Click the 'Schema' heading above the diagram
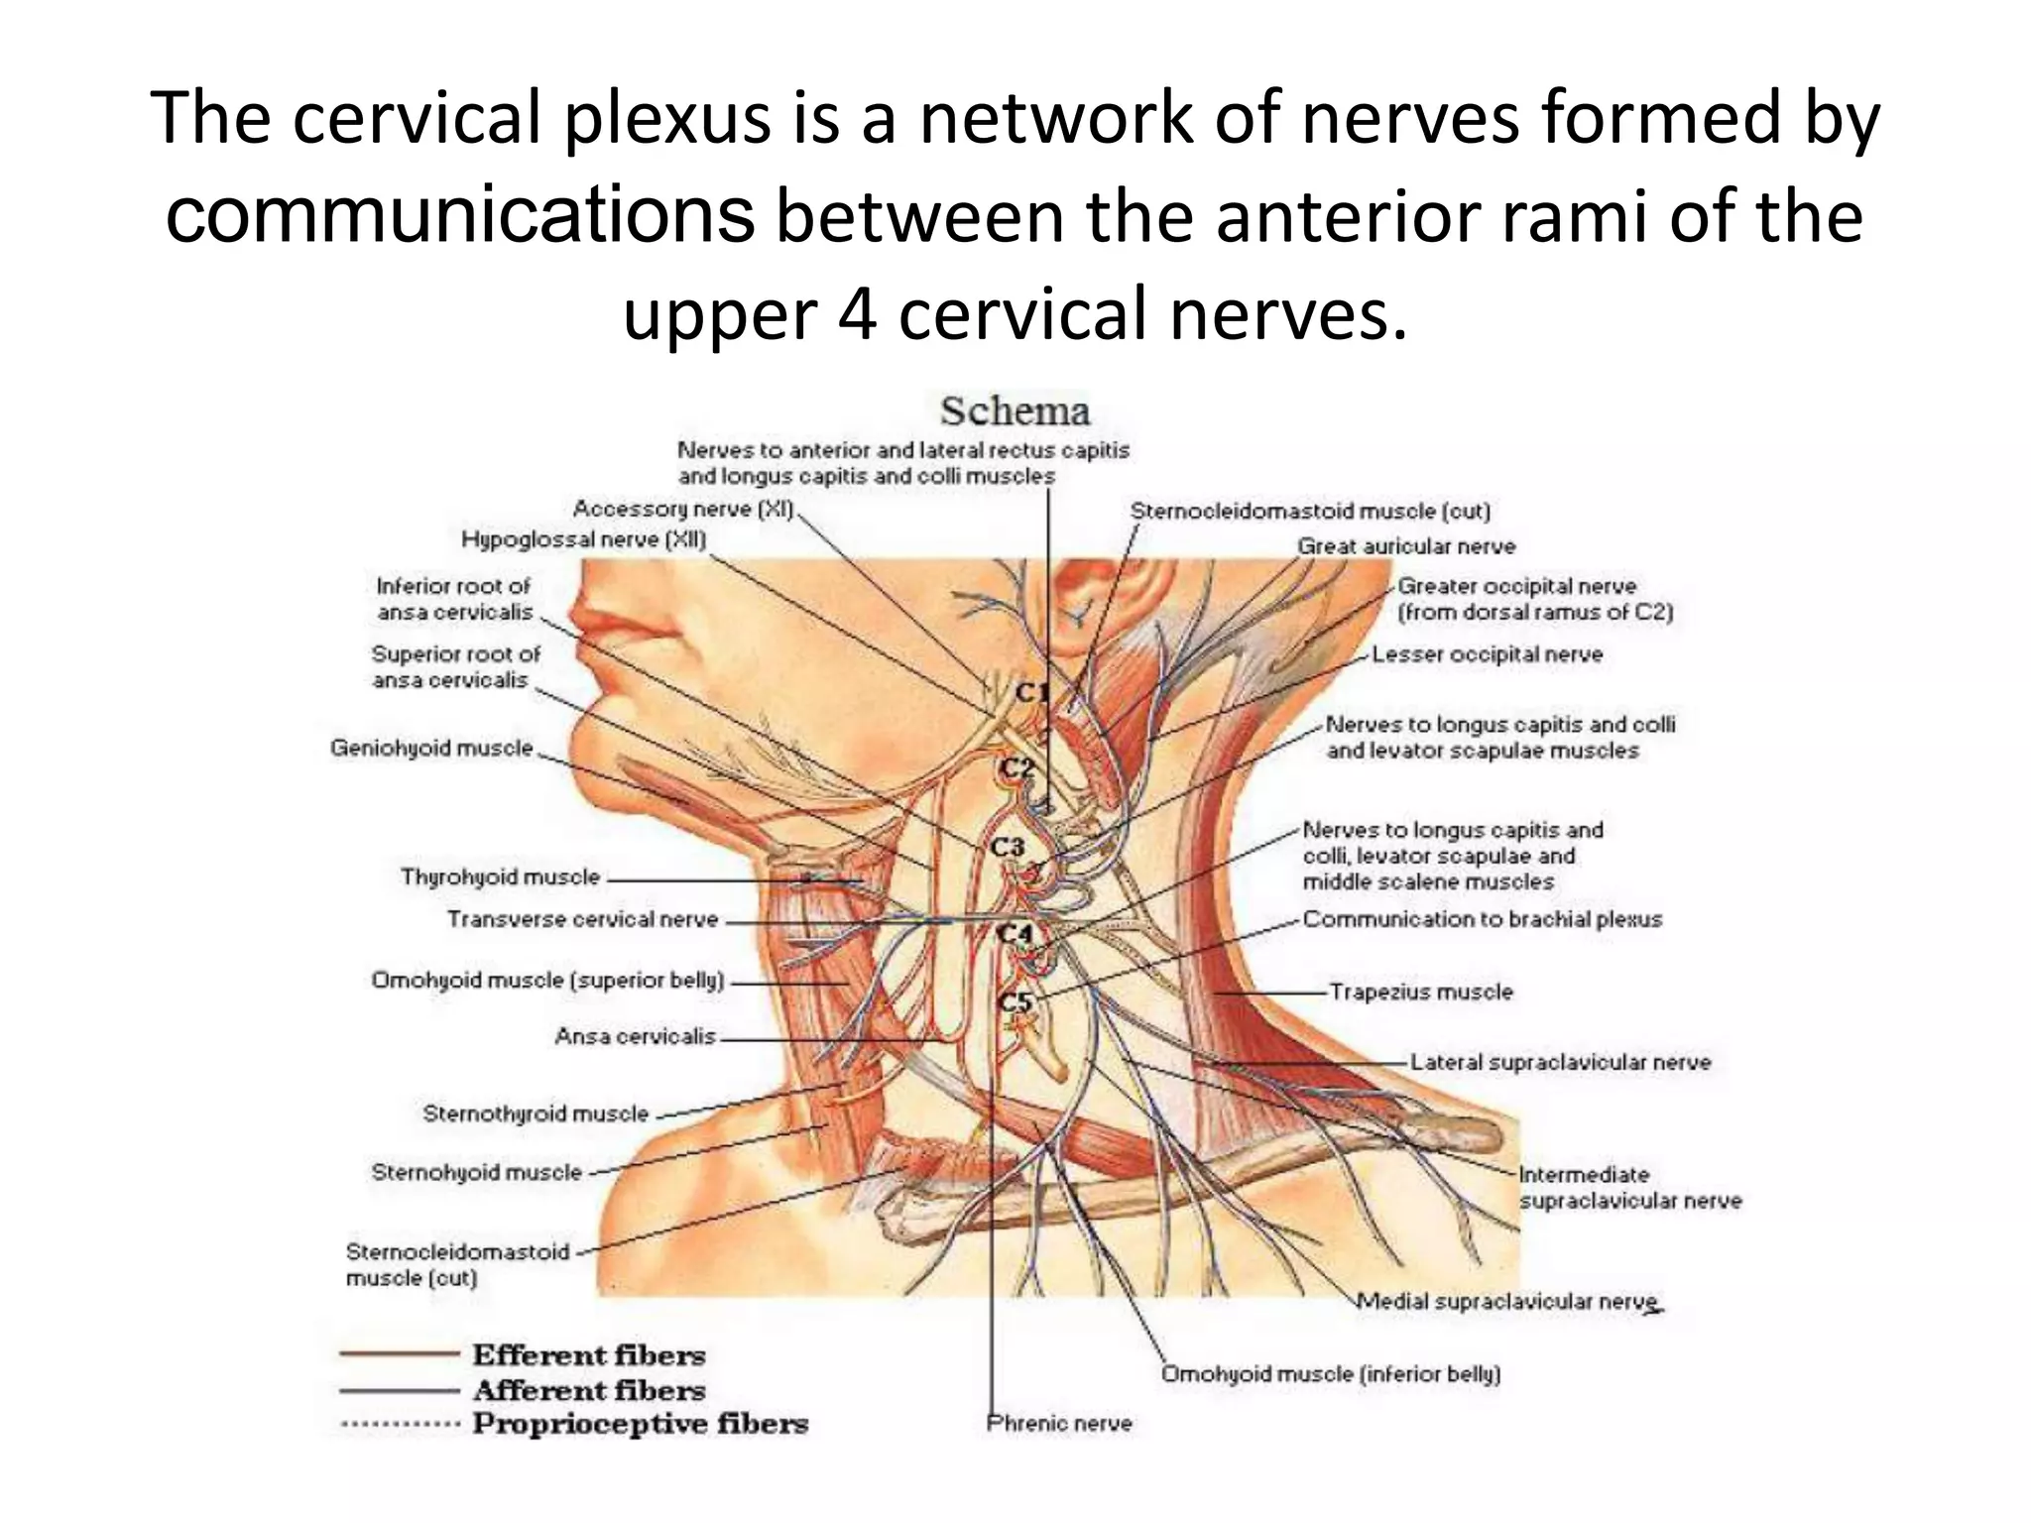pyautogui.click(x=1015, y=410)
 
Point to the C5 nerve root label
pyautogui.click(x=1015, y=1001)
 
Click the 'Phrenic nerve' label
pyautogui.click(x=1059, y=1423)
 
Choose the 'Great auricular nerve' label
pyautogui.click(x=1406, y=546)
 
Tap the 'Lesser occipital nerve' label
pyautogui.click(x=1487, y=654)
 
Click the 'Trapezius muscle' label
pyautogui.click(x=1420, y=992)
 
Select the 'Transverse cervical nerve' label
pyautogui.click(x=582, y=919)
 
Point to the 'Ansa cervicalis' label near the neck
pyautogui.click(x=635, y=1036)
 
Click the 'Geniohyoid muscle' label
pyautogui.click(x=431, y=748)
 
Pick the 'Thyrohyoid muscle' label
pyautogui.click(x=500, y=877)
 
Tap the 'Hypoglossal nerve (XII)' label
pyautogui.click(x=583, y=539)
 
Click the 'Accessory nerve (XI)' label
pyautogui.click(x=683, y=509)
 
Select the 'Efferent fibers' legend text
pyautogui.click(x=588, y=1354)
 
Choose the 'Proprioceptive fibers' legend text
pyautogui.click(x=640, y=1424)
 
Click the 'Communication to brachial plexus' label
pyautogui.click(x=1482, y=919)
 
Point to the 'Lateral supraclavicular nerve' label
pyautogui.click(x=1560, y=1062)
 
